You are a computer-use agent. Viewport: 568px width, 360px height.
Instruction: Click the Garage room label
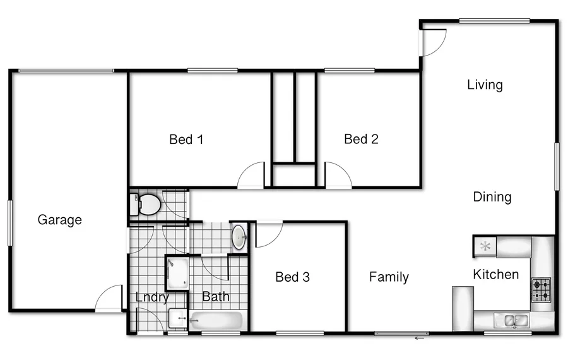click(60, 220)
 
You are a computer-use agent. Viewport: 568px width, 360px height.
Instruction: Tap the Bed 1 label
click(186, 139)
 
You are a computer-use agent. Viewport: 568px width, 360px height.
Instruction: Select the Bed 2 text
click(361, 139)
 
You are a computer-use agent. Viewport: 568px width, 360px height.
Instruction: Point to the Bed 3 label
click(292, 277)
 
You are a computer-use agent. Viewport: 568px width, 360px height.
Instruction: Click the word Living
click(485, 85)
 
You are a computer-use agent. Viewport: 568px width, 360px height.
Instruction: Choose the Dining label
click(492, 197)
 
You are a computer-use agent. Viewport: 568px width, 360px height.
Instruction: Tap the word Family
click(389, 277)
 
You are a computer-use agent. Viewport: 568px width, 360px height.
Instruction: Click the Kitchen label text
click(496, 274)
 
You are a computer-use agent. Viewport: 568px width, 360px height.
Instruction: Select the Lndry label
click(152, 297)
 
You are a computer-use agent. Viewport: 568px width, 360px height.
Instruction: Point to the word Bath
click(216, 296)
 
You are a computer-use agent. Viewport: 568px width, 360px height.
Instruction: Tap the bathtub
click(216, 321)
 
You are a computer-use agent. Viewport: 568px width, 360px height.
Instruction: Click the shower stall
click(177, 272)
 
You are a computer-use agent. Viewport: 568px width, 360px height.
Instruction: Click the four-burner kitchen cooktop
click(541, 290)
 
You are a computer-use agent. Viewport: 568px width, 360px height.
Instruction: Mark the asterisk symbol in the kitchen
click(485, 246)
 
